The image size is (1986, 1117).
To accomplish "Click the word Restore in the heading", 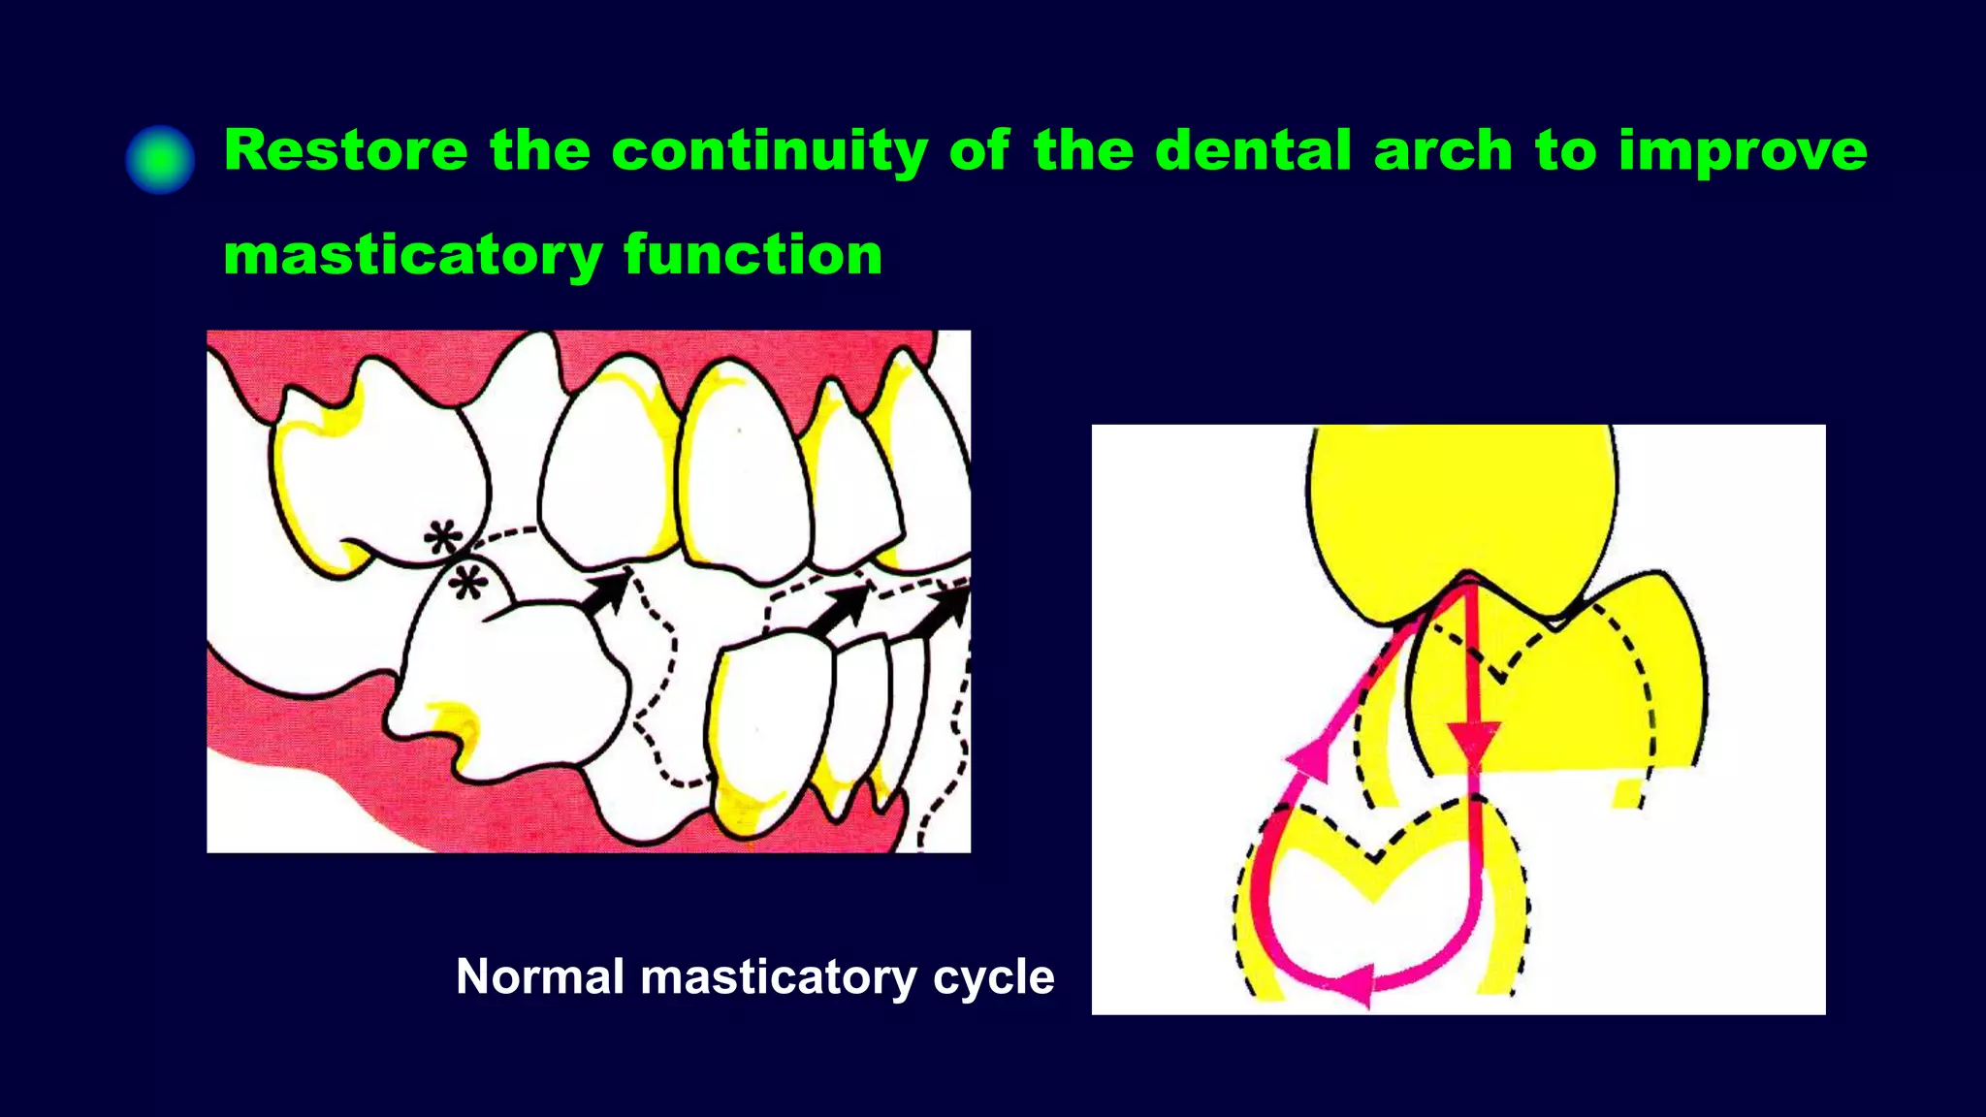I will pos(345,151).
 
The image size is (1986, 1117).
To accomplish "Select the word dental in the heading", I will pos(1252,151).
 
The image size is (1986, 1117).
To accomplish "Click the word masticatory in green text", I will pos(413,256).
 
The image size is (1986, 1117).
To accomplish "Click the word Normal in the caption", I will pos(540,976).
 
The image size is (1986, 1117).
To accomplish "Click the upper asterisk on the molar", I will pos(443,538).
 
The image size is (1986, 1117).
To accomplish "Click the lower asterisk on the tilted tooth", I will pos(468,583).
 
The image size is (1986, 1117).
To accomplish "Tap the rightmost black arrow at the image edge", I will pos(945,611).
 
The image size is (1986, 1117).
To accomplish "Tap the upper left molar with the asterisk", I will pos(378,475).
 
